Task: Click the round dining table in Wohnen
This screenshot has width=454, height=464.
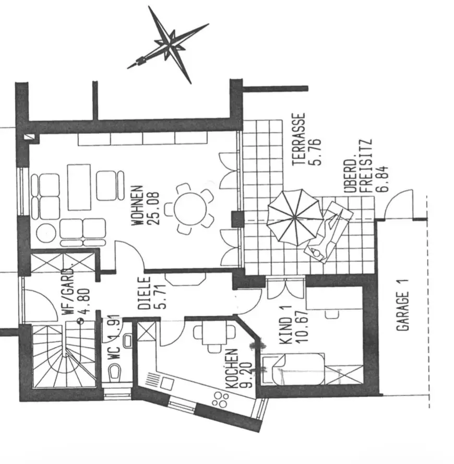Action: (189, 208)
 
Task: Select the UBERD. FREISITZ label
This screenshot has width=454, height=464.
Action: (360, 166)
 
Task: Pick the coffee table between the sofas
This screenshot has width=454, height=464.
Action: (79, 187)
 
